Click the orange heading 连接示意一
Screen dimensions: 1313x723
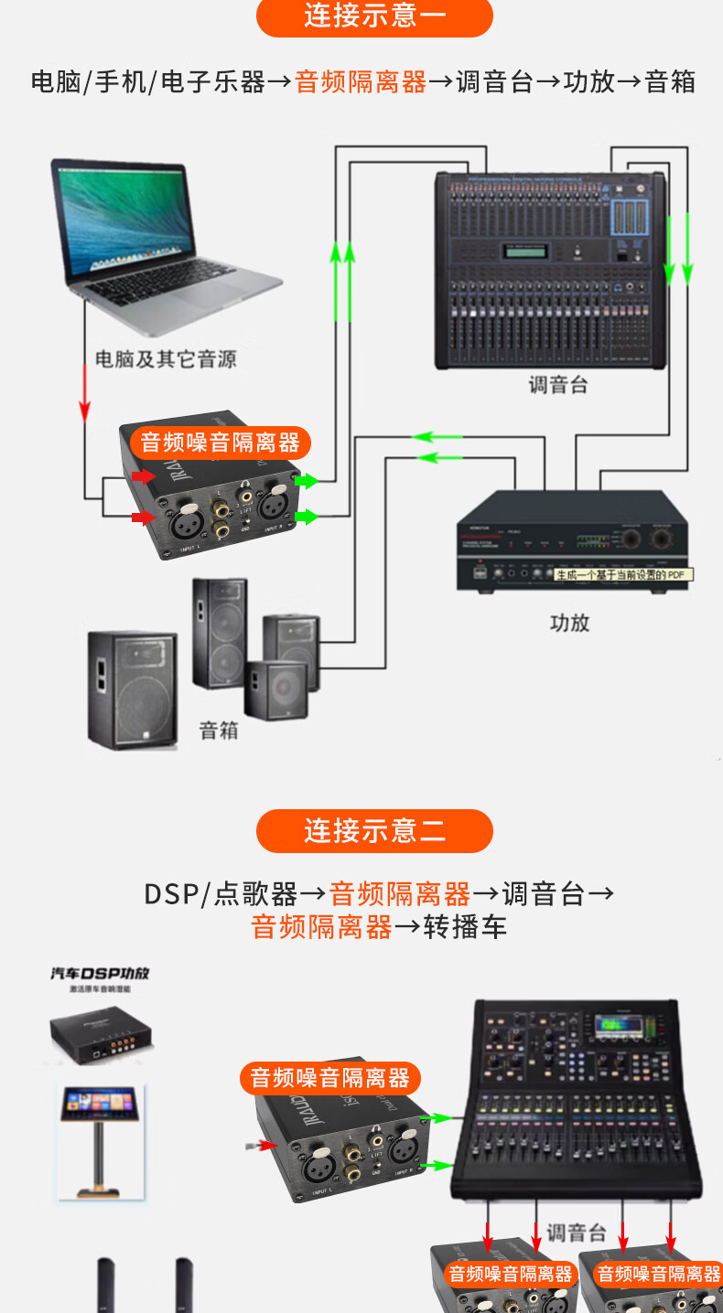point(374,16)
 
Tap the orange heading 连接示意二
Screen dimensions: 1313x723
point(374,831)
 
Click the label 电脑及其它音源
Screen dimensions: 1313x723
point(166,359)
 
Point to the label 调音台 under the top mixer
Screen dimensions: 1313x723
point(557,385)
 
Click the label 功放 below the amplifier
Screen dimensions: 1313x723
point(569,624)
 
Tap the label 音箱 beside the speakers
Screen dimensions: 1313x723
point(219,731)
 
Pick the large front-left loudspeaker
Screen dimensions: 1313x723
point(132,688)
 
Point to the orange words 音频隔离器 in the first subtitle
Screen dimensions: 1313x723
point(361,82)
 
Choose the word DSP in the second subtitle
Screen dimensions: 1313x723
point(170,893)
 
